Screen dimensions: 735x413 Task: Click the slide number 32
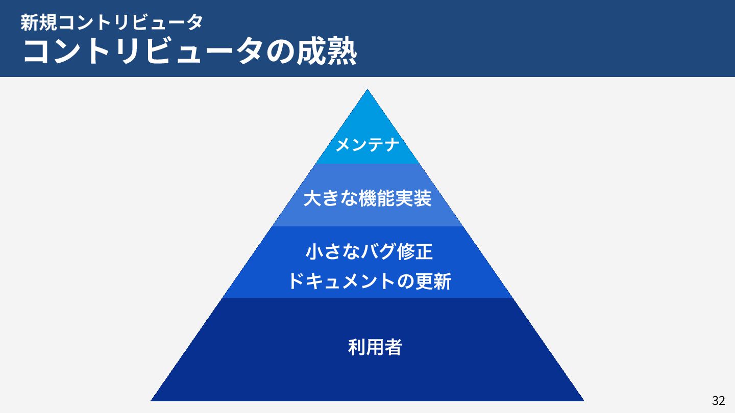[x=718, y=401]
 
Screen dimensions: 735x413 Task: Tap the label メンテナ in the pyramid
[x=367, y=145]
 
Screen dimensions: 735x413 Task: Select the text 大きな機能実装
[x=367, y=199]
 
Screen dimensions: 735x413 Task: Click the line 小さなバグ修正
[x=369, y=252]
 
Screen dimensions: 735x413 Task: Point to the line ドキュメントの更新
[x=369, y=281]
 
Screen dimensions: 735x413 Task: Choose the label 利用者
[x=375, y=348]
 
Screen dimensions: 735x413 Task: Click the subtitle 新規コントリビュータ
[x=112, y=22]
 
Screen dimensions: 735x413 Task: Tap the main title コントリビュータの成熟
[x=189, y=51]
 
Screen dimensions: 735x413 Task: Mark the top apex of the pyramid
[x=367, y=90]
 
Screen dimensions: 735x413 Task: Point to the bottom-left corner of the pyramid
[x=152, y=400]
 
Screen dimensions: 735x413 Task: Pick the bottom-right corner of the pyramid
[x=583, y=400]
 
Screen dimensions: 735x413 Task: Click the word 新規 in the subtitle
[x=39, y=22]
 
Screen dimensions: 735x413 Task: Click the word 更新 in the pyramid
[x=433, y=281]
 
